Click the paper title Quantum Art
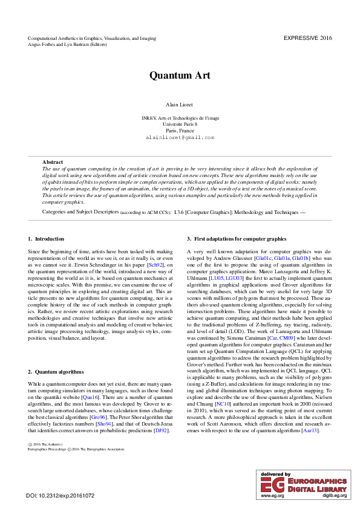click(x=180, y=76)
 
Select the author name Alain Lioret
click(x=180, y=105)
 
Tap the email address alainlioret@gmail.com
click(x=180, y=137)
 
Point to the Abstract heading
click(x=53, y=162)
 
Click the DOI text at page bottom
click(x=61, y=496)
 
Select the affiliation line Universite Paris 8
click(x=180, y=124)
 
